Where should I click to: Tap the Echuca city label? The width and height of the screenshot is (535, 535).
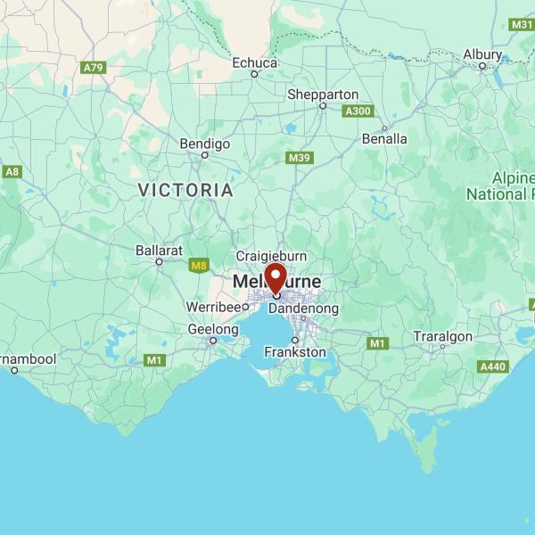(x=255, y=62)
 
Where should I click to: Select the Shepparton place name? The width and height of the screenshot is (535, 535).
(x=323, y=95)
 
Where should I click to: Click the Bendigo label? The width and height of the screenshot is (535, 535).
(x=205, y=144)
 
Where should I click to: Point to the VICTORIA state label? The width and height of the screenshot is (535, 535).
(x=186, y=191)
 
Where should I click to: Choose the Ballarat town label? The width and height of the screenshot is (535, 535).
(x=159, y=251)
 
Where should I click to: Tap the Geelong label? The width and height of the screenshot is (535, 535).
(x=212, y=329)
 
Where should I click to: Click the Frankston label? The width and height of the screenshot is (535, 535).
(x=295, y=352)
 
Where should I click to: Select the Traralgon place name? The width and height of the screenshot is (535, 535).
(x=442, y=336)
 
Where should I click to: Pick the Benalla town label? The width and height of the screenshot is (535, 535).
(x=384, y=138)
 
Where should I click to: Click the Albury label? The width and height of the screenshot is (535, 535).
(x=482, y=54)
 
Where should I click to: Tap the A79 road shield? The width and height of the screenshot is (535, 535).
(x=93, y=68)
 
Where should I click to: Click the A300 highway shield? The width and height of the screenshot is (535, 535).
(x=358, y=111)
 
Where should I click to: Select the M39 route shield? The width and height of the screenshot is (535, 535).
(x=300, y=158)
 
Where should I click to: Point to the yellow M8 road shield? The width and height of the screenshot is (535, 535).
(x=199, y=264)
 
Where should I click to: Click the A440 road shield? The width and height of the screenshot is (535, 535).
(x=493, y=366)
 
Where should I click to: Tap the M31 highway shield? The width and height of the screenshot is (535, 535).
(x=523, y=24)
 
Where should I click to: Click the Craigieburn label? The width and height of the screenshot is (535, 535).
(x=271, y=256)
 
